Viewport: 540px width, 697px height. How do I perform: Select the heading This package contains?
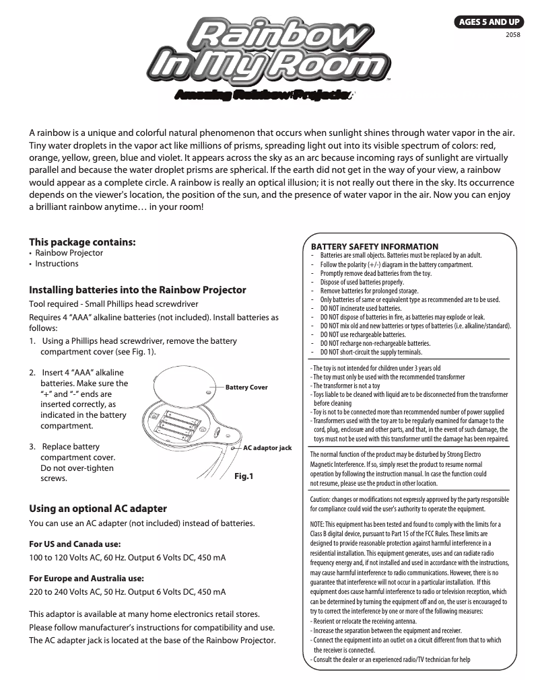pos(82,242)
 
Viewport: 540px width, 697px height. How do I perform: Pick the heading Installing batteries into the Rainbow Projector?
pos(137,290)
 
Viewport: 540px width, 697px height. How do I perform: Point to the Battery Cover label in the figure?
pos(246,388)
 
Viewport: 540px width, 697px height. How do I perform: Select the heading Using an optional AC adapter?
pos(98,508)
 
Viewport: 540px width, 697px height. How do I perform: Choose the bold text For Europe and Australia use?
pos(87,578)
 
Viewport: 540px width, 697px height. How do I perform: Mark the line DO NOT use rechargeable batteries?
pos(363,334)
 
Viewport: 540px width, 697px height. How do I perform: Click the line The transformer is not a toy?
pos(345,386)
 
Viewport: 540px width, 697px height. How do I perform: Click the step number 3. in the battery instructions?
pos(32,447)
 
